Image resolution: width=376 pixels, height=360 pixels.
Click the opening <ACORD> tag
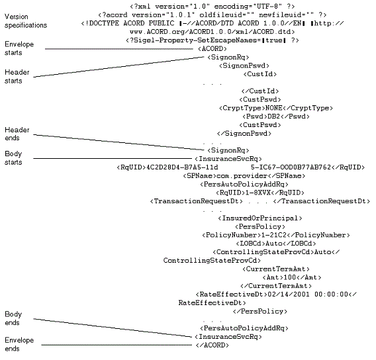pos(211,49)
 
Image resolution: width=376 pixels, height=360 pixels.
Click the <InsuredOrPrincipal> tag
pos(259,218)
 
